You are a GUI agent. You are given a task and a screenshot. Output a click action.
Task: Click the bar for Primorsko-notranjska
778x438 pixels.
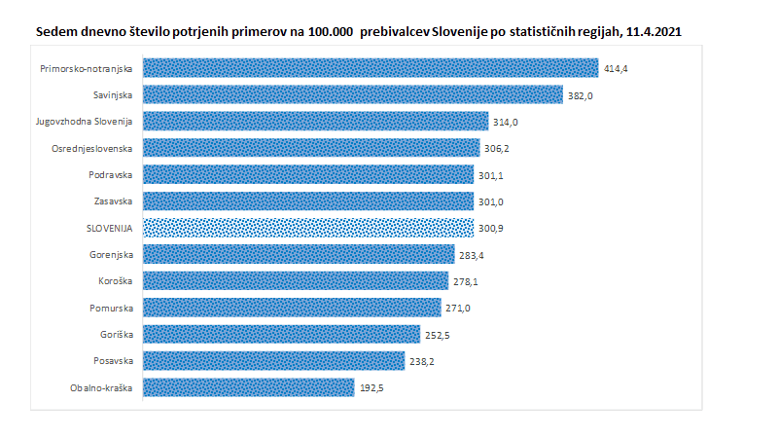coord(370,67)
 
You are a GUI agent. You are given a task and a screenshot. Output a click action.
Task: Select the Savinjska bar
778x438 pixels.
coord(353,94)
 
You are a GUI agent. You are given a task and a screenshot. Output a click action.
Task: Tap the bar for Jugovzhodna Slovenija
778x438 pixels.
coord(315,121)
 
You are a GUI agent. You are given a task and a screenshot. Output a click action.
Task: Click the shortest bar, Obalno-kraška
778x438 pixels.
coord(249,387)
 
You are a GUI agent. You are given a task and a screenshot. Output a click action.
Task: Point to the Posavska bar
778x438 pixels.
coord(273,361)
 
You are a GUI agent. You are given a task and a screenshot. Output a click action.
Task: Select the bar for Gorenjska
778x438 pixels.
coord(299,254)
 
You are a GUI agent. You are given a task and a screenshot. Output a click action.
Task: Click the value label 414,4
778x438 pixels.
coord(617,68)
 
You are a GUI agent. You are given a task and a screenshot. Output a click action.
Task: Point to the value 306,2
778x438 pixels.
coord(499,148)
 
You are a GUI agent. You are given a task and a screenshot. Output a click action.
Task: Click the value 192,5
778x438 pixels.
coord(373,388)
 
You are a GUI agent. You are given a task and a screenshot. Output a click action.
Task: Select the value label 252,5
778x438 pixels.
coord(440,335)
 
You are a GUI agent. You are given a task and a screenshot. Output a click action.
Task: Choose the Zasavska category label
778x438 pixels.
coord(114,201)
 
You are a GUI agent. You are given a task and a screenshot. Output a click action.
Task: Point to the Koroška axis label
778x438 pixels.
coord(117,281)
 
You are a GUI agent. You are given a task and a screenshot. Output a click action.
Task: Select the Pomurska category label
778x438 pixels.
coord(114,308)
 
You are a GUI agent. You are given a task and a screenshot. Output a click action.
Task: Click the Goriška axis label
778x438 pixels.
coord(118,335)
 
